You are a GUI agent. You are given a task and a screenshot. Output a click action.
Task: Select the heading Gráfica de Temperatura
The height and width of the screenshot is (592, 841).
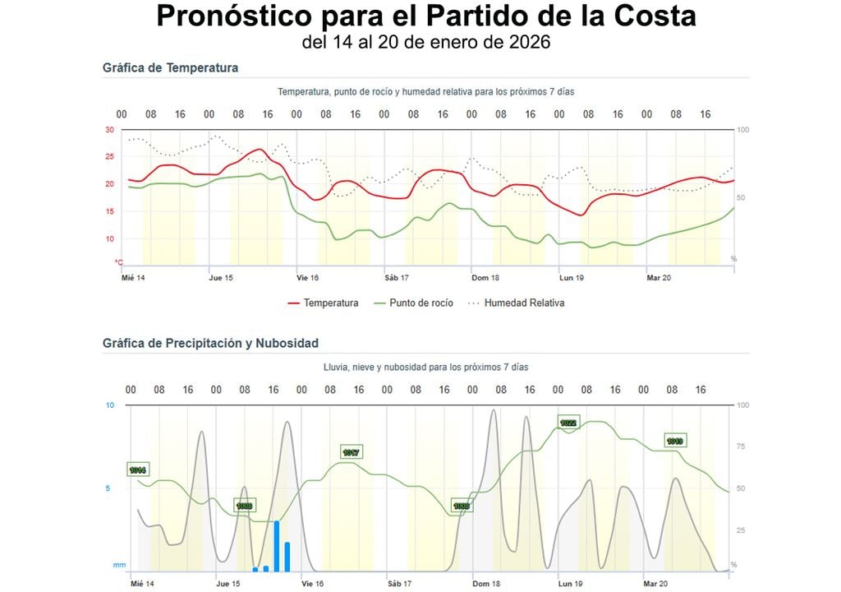tap(170, 68)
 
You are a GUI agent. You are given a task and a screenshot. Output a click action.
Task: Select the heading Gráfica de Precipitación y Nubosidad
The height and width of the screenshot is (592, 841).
tap(210, 344)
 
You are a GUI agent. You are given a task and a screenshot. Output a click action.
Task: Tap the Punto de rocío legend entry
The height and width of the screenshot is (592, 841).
tap(415, 303)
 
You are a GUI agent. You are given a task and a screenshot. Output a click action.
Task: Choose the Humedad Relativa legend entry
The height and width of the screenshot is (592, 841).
tap(516, 303)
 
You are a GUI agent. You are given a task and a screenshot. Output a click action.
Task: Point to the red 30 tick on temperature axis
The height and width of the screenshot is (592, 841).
tap(109, 130)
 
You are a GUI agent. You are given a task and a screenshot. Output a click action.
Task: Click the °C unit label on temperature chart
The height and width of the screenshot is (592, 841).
tap(118, 261)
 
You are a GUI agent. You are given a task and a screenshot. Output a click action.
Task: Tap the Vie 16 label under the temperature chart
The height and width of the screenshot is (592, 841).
tap(308, 278)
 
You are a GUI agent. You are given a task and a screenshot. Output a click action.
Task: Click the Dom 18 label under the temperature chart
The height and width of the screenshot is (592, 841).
tap(485, 278)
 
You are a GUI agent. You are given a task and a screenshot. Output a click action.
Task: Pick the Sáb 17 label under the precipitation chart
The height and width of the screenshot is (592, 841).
tap(398, 584)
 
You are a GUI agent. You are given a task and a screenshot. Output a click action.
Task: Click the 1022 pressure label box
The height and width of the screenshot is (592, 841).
tap(568, 423)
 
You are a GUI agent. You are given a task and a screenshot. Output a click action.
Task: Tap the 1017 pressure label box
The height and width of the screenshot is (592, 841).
tap(352, 452)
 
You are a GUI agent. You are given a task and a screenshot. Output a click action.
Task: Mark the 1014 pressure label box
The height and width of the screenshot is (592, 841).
tap(137, 469)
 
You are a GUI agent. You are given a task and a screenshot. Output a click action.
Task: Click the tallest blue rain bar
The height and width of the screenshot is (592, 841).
tap(277, 545)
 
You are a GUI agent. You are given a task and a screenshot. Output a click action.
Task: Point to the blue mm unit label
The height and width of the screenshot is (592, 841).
tap(120, 565)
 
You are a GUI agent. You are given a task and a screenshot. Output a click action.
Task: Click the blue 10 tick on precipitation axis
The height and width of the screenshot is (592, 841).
tap(110, 405)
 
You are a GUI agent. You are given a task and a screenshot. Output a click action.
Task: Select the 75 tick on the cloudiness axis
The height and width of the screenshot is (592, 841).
tap(742, 446)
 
